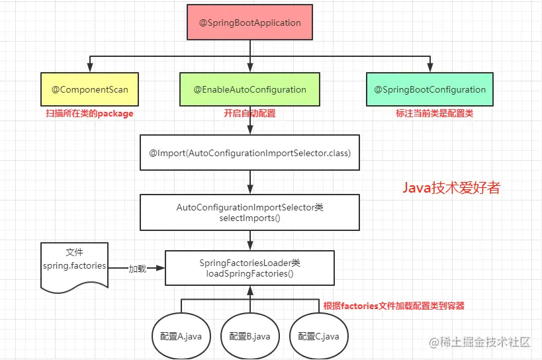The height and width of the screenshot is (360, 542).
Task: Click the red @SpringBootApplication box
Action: pyautogui.click(x=249, y=22)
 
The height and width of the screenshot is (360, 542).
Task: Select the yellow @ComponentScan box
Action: pyautogui.click(x=90, y=89)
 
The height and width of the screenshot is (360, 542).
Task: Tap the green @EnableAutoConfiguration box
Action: pyautogui.click(x=249, y=89)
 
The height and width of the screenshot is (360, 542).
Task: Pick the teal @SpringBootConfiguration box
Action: pyautogui.click(x=430, y=89)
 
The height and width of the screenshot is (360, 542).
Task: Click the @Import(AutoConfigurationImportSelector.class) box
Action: pyautogui.click(x=249, y=153)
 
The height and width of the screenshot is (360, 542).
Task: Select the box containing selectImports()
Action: pyautogui.click(x=249, y=212)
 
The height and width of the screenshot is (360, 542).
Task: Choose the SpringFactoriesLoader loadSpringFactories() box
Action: pyautogui.click(x=249, y=268)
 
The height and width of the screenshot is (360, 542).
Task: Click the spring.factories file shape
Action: pyautogui.click(x=73, y=265)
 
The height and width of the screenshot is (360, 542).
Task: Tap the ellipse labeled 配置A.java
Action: pyautogui.click(x=181, y=336)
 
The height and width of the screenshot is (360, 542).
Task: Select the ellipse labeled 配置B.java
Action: pyautogui.click(x=249, y=336)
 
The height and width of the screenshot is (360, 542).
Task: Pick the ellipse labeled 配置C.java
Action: pyautogui.click(x=318, y=336)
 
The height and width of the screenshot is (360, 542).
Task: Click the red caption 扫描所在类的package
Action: pyautogui.click(x=89, y=114)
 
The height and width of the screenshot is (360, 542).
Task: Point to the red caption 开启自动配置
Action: pyautogui.click(x=249, y=114)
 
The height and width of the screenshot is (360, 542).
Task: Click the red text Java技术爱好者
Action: pyautogui.click(x=451, y=188)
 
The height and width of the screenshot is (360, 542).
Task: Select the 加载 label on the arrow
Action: pyautogui.click(x=137, y=269)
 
